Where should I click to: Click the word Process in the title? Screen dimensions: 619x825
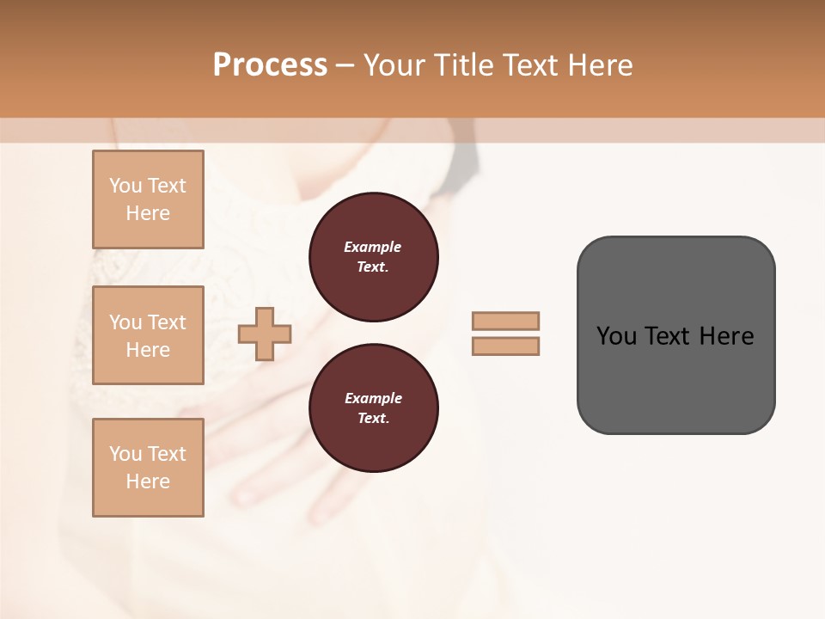pos(270,65)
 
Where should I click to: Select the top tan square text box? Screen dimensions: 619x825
pos(148,199)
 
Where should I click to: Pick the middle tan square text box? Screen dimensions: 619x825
pos(148,335)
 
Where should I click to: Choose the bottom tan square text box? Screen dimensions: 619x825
pos(148,467)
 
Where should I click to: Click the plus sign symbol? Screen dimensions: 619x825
pos(265,334)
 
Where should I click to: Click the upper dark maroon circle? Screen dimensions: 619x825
pos(374,257)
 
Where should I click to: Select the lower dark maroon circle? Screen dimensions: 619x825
pos(374,408)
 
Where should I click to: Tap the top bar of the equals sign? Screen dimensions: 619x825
pos(506,321)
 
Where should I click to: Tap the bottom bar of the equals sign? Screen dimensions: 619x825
pos(506,346)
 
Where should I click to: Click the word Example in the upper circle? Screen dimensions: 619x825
pos(373,247)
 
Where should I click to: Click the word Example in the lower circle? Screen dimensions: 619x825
pos(373,398)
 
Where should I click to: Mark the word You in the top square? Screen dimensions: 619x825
pos(125,186)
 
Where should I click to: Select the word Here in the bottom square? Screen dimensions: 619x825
pos(148,481)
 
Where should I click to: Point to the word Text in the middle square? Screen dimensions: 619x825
pos(166,322)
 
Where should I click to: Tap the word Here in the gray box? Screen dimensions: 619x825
pos(726,336)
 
